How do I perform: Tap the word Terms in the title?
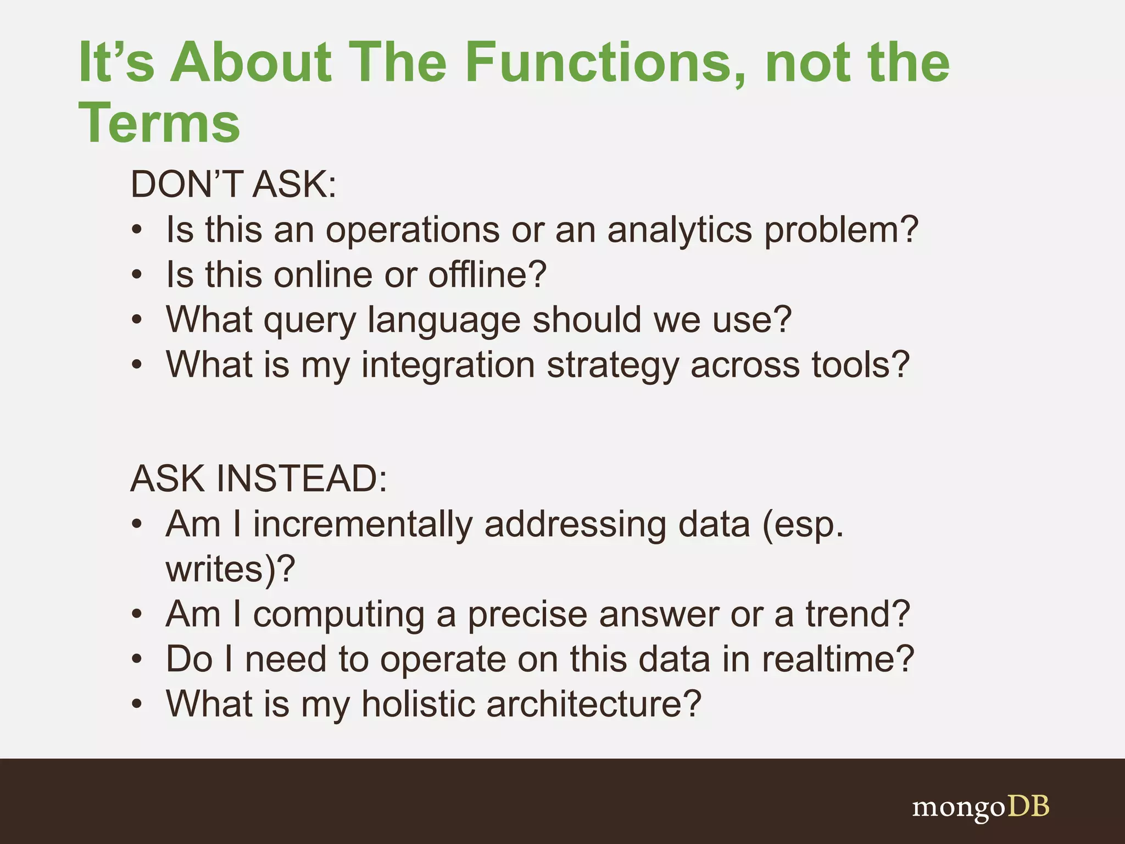[159, 124]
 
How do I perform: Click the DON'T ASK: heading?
[233, 185]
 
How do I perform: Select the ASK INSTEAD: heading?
[259, 479]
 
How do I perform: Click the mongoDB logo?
[981, 807]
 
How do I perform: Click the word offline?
[487, 275]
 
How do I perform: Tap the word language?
[443, 320]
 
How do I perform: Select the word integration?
[448, 365]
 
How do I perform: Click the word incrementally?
[363, 524]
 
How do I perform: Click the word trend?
[857, 614]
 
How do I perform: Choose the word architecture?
[593, 704]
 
